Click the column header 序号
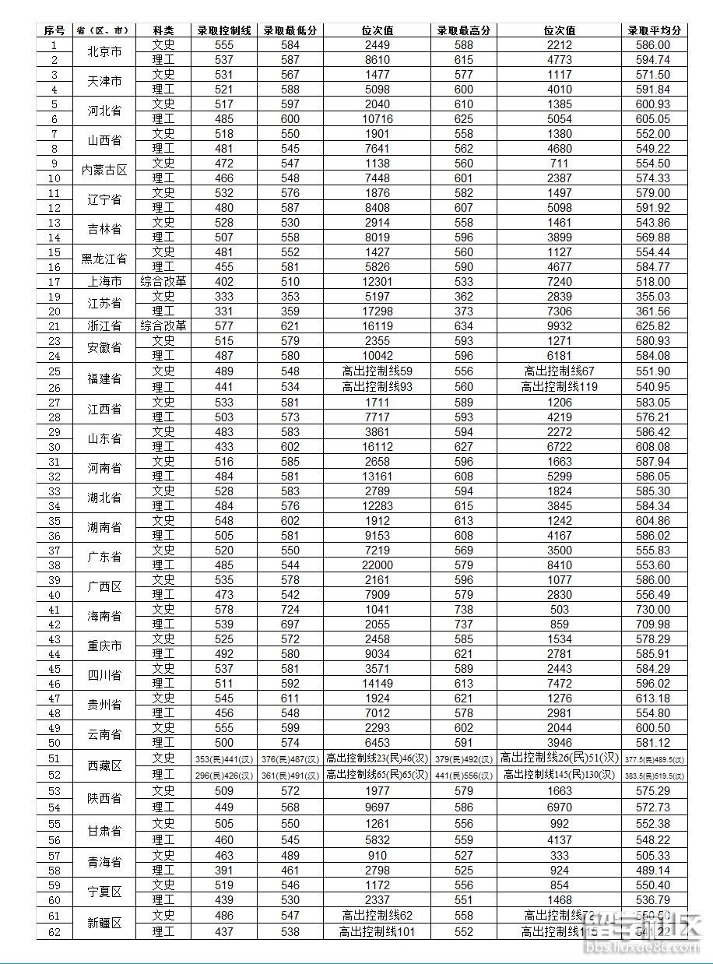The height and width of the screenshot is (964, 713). coord(54,30)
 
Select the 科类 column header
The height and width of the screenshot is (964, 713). coord(163,30)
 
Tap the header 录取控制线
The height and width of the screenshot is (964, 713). coord(224,30)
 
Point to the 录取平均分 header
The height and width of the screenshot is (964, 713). coord(654,30)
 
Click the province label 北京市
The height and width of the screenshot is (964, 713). coord(104,52)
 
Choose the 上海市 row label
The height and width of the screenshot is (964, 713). coord(104,282)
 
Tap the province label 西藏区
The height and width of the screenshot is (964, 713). coord(104,766)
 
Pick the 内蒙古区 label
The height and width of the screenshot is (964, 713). coord(104,171)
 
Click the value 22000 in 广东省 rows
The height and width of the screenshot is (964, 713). coord(378,565)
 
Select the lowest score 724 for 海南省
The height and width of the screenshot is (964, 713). coord(290,610)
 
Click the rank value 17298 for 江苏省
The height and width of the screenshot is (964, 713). coord(378,311)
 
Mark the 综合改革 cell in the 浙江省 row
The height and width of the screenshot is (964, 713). coord(163,326)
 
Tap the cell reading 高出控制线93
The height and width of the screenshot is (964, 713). coord(378,387)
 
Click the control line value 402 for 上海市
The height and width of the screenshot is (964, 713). coord(224,282)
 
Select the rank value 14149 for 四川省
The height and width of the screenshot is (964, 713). coord(378,684)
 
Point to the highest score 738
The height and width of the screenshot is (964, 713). coord(464,610)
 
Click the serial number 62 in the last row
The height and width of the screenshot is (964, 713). coord(54,931)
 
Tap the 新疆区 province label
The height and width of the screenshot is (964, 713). coord(104,924)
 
